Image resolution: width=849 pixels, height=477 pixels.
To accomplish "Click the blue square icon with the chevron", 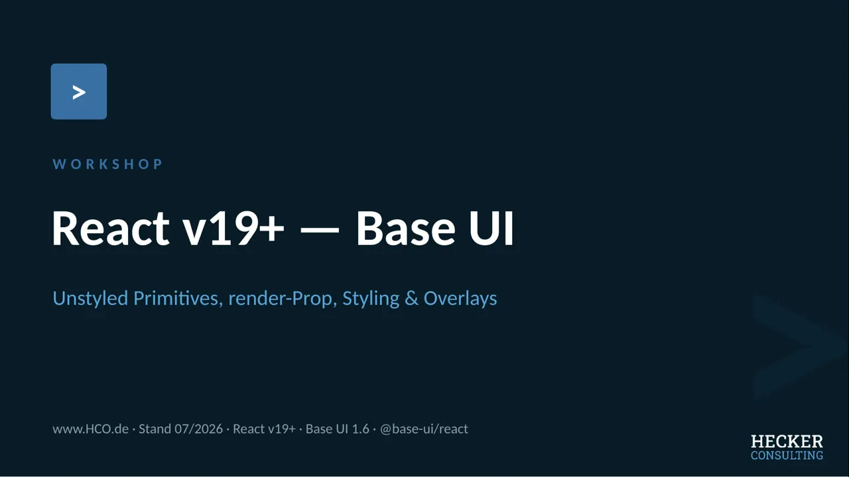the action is point(79,91).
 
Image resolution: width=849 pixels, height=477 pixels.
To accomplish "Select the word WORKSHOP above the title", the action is point(107,164).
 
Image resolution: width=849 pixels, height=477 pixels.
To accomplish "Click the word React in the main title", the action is point(110,229).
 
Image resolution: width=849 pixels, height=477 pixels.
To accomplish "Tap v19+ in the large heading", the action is point(233,229).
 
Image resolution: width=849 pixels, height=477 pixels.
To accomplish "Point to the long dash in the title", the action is point(320,230).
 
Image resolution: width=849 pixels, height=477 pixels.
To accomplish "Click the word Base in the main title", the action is point(405,229).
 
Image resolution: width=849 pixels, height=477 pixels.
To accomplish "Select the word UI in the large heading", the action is point(491,229).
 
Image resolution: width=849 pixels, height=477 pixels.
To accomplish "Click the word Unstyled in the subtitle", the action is point(90,299).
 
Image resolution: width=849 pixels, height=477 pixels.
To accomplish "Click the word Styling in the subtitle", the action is point(371,299).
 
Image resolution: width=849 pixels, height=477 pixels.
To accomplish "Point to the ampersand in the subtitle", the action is point(412,298).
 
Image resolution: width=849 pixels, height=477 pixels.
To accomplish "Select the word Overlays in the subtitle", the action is point(460,299).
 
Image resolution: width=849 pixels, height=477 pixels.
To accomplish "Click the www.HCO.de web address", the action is point(90,429).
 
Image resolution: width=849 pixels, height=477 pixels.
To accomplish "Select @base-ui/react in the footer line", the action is point(424,429).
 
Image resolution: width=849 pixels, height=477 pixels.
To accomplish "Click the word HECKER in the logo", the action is point(787,442).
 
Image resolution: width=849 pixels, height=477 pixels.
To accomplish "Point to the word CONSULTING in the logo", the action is point(787,455).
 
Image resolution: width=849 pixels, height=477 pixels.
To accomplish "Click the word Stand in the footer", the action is point(155,429).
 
